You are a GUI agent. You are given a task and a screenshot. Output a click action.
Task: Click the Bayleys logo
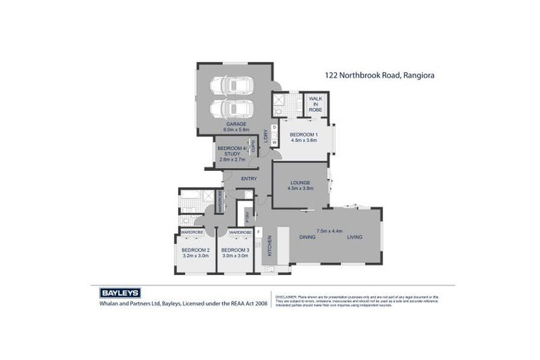(x=116, y=292)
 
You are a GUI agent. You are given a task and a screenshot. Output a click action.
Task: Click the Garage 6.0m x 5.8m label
(x=236, y=127)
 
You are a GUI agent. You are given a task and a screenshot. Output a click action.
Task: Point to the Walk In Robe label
(x=315, y=105)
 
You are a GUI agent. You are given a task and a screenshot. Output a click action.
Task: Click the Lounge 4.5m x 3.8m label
(x=299, y=186)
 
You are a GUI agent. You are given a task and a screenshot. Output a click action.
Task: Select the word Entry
(x=249, y=179)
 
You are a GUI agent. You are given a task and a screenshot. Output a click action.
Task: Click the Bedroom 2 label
(x=195, y=253)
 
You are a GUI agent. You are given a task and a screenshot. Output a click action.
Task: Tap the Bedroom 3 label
(x=235, y=253)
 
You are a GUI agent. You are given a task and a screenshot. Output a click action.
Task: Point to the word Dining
(x=307, y=237)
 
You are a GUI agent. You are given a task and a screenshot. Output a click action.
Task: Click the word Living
(x=354, y=237)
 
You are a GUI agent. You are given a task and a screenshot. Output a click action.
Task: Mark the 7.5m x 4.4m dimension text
(x=329, y=230)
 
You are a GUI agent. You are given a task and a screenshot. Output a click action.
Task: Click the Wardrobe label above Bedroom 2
(x=192, y=232)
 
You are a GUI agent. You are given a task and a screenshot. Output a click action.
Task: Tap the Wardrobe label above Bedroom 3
(x=240, y=232)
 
